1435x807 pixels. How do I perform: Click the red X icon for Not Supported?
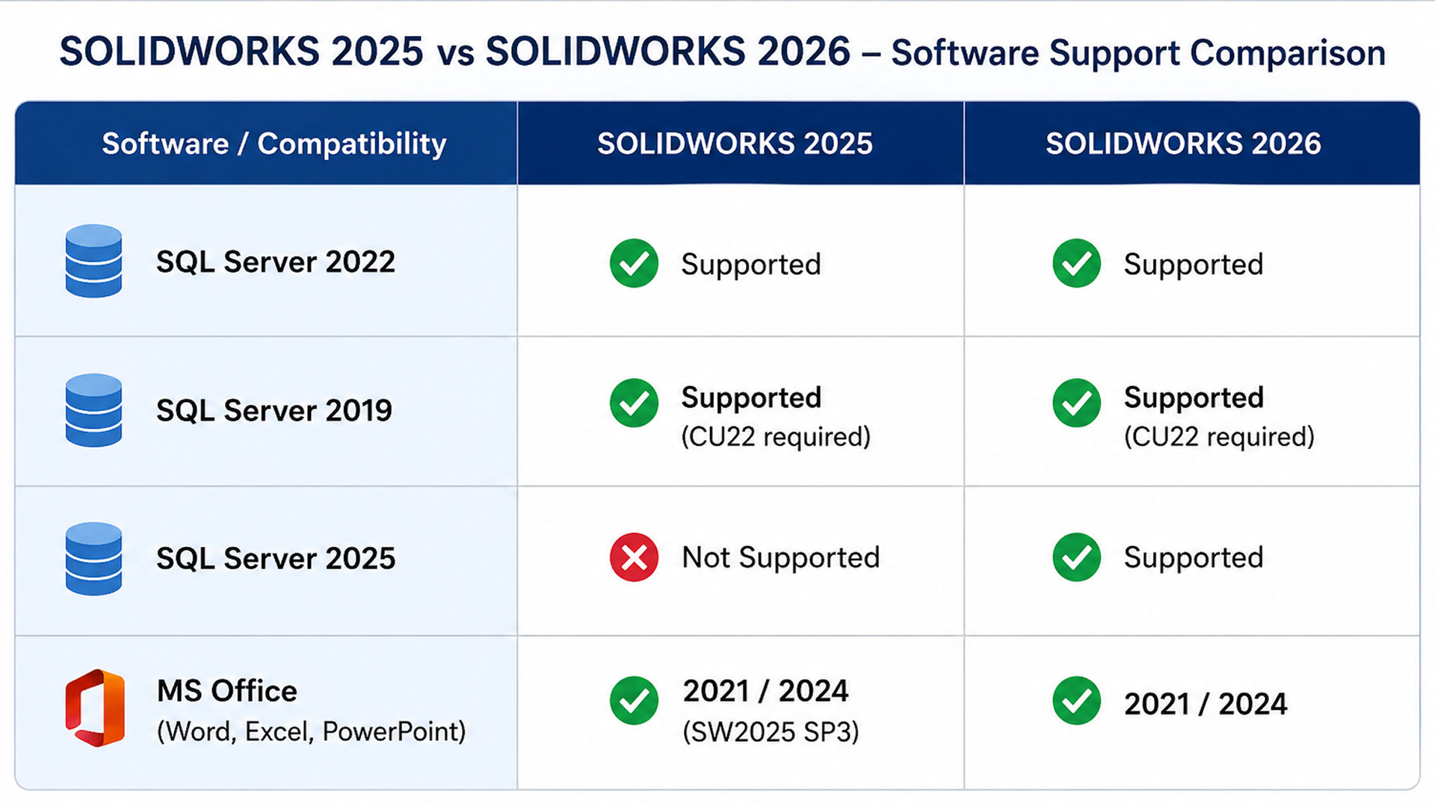pos(634,557)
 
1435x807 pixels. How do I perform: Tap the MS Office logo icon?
pos(95,708)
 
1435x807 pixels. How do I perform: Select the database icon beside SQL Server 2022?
pos(93,261)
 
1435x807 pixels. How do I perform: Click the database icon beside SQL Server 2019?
pos(93,410)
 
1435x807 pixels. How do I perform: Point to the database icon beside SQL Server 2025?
pos(93,558)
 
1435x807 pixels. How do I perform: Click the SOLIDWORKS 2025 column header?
pos(735,143)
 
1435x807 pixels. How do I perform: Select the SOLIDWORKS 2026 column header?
pos(1183,143)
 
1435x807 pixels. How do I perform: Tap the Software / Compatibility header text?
pos(274,143)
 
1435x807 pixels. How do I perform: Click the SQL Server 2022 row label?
pos(275,262)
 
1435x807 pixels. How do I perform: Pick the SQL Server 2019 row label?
pos(274,410)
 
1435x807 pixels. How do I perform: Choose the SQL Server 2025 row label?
pos(275,558)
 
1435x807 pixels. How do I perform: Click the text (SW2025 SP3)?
pos(771,732)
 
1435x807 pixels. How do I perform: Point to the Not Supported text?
pos(781,557)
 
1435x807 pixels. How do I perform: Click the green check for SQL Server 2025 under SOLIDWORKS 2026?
pos(1076,557)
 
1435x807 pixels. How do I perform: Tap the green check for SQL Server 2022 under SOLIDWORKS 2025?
pos(634,263)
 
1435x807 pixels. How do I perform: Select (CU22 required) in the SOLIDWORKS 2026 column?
pos(1219,436)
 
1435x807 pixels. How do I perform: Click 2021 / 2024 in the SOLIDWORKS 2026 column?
pos(1206,704)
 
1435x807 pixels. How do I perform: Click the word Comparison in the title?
pos(1288,54)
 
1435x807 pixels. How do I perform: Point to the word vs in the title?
pos(454,55)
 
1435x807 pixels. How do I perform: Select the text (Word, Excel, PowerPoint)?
pos(311,732)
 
